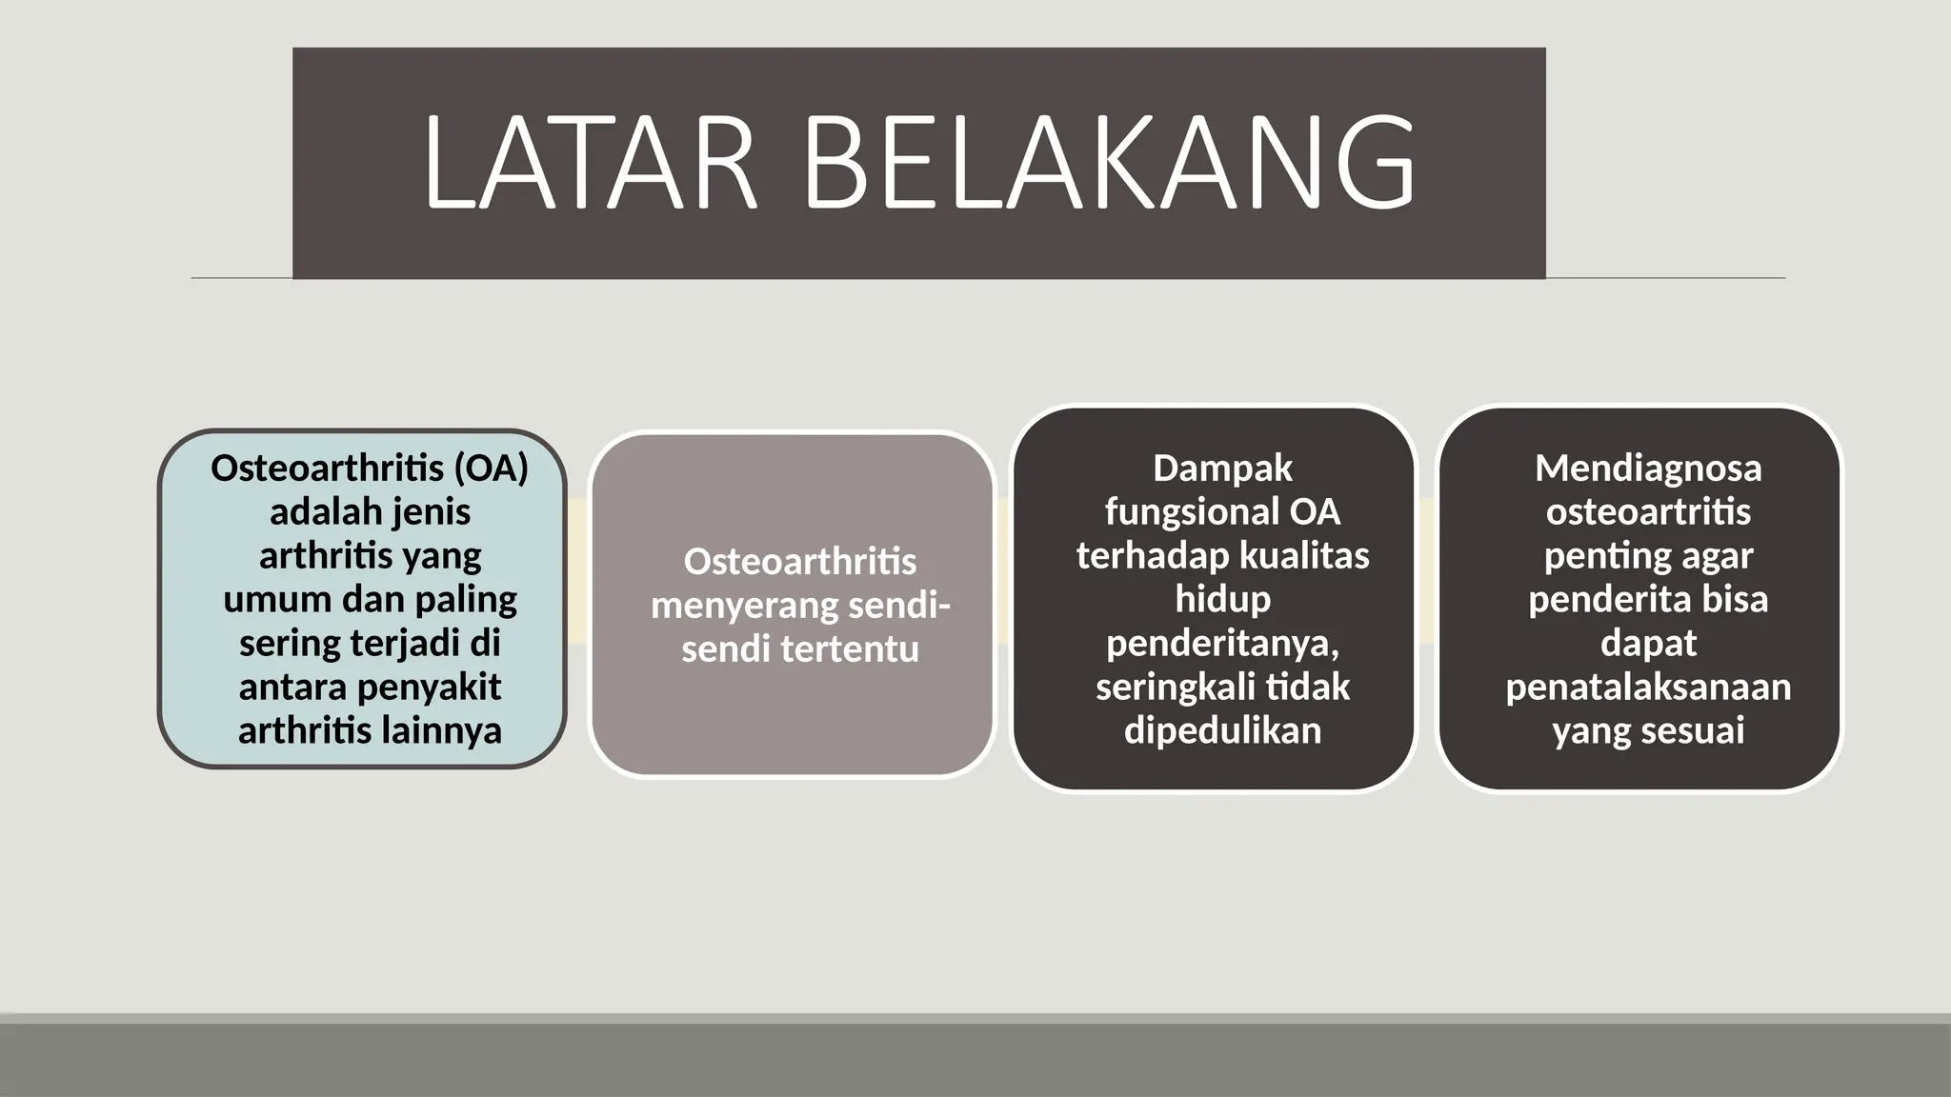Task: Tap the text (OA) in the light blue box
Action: click(x=491, y=469)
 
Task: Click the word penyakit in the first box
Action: click(x=442, y=688)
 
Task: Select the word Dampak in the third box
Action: click(x=1222, y=469)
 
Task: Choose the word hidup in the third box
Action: click(x=1222, y=600)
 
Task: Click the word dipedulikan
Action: click(x=1222, y=731)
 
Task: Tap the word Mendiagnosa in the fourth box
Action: click(x=1648, y=469)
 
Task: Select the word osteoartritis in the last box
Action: click(x=1648, y=512)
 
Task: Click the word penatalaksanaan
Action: click(x=1648, y=688)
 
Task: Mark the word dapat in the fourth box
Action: click(x=1648, y=644)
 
